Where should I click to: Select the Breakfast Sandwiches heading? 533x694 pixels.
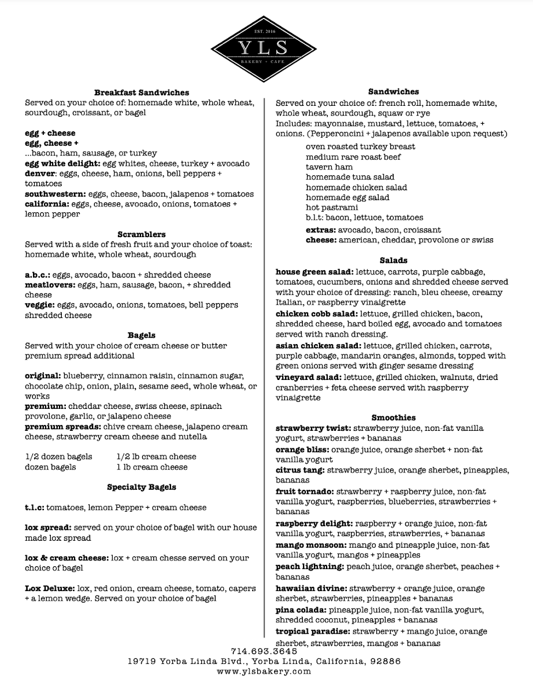(x=142, y=92)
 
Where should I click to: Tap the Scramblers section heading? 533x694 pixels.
(x=142, y=234)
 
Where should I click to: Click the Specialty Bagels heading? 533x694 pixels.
(x=142, y=487)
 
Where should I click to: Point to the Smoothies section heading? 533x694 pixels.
(x=394, y=418)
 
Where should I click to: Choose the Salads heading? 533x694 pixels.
(x=394, y=260)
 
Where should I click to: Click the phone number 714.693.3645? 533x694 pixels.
(x=265, y=651)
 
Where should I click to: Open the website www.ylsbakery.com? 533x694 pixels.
(x=265, y=671)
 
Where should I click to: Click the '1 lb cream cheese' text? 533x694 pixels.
(x=152, y=467)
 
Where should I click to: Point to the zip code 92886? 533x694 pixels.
(x=385, y=661)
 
